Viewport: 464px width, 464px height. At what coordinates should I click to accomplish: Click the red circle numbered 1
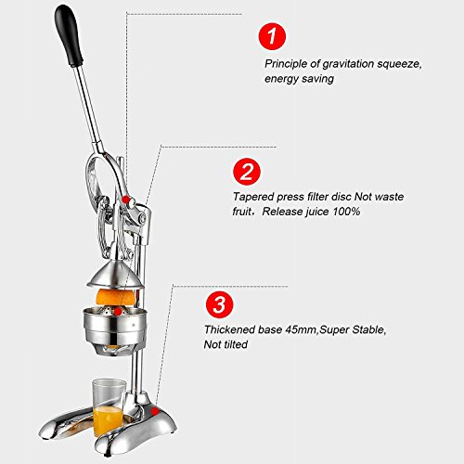click(x=272, y=36)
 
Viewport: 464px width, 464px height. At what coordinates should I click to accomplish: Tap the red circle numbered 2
click(x=247, y=172)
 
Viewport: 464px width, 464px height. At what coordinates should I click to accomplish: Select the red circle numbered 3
click(x=220, y=304)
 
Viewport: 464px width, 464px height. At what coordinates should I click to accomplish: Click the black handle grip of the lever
click(x=69, y=35)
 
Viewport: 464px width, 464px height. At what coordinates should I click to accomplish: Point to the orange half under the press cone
click(x=116, y=297)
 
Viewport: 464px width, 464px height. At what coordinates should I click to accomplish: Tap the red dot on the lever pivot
click(x=125, y=200)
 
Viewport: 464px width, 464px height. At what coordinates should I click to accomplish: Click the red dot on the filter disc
click(x=118, y=311)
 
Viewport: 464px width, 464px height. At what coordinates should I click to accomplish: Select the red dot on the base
click(x=155, y=411)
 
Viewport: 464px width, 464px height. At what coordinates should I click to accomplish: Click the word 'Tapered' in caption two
click(x=253, y=197)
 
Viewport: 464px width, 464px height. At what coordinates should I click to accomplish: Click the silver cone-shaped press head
click(x=115, y=275)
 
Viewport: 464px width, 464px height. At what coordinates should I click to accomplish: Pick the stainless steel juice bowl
click(x=114, y=327)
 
